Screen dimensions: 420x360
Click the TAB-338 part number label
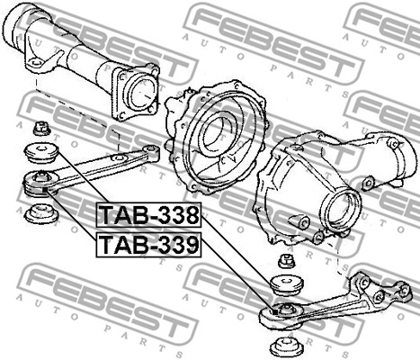click(x=148, y=215)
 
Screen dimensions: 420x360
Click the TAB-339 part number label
click(x=148, y=244)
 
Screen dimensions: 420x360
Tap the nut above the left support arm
click(x=41, y=128)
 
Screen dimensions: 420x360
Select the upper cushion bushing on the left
click(x=41, y=153)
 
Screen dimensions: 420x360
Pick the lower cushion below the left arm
click(x=41, y=213)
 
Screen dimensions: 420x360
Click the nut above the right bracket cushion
click(x=286, y=261)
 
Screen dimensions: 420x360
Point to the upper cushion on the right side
click(x=287, y=285)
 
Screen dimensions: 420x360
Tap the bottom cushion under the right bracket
click(x=287, y=346)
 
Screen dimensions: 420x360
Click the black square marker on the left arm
click(x=44, y=190)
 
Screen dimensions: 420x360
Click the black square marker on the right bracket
click(x=275, y=312)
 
